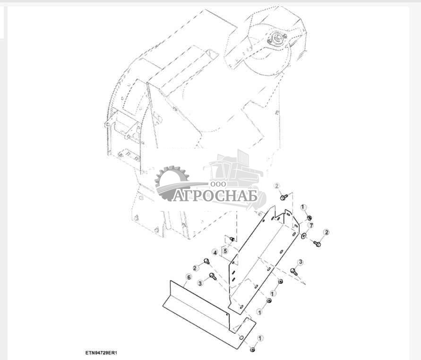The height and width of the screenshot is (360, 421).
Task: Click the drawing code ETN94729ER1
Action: point(101,352)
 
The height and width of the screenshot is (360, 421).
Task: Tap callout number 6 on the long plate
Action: point(189,277)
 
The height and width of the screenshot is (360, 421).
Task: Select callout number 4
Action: point(215,253)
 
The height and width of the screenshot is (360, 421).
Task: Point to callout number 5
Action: point(225,251)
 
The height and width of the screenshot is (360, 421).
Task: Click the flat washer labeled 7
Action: point(303,236)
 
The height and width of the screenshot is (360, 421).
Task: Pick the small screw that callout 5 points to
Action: point(232,238)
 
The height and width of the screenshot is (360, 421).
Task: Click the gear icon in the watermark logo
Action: point(172,183)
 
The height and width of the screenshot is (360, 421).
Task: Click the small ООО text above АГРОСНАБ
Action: point(218,184)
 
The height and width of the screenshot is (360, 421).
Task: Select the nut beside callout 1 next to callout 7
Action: point(309,217)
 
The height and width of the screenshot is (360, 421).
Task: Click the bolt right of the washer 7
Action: point(317,244)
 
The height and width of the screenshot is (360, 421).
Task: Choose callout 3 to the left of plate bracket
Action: point(200,283)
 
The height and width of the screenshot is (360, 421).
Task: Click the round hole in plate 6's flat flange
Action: point(241,337)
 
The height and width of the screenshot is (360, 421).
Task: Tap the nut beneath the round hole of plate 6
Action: point(252,349)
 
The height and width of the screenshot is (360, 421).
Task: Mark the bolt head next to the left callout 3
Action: point(213,276)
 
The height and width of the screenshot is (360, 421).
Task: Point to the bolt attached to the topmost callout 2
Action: point(284,197)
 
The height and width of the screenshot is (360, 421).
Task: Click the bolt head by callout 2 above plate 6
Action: point(207,261)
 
